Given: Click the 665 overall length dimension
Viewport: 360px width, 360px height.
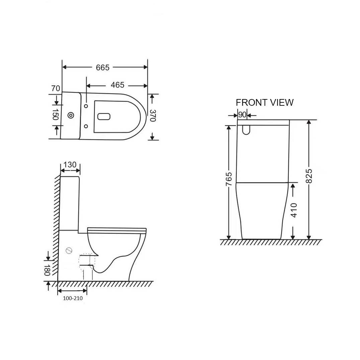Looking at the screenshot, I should coord(102,68).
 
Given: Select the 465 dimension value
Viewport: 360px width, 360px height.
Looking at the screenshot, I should coord(117,85).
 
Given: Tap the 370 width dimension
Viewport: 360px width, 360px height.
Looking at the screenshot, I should coord(153,116).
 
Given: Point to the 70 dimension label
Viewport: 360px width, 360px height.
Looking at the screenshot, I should coord(56,89).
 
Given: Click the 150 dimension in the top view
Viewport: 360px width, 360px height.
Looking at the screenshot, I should coord(56,114).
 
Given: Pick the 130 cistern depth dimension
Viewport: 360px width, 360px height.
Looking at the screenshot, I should coord(70,165).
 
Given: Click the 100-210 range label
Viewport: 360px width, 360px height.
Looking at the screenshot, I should coord(73,298).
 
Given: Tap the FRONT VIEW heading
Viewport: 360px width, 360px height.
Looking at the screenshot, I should coord(264,102).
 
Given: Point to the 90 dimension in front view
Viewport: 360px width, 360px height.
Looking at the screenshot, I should coord(242,115).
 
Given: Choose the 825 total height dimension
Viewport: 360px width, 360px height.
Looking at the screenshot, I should coord(309,176).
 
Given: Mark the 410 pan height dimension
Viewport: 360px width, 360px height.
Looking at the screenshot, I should coord(294,210).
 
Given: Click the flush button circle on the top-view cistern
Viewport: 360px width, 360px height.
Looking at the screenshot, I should coord(71,115).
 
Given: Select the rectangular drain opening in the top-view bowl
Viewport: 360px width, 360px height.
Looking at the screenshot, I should coord(104,116).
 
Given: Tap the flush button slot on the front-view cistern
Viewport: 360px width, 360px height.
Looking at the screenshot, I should coord(246,129).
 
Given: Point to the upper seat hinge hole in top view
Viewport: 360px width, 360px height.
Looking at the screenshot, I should coord(86,106).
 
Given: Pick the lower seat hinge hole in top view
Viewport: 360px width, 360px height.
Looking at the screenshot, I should coord(86,126).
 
